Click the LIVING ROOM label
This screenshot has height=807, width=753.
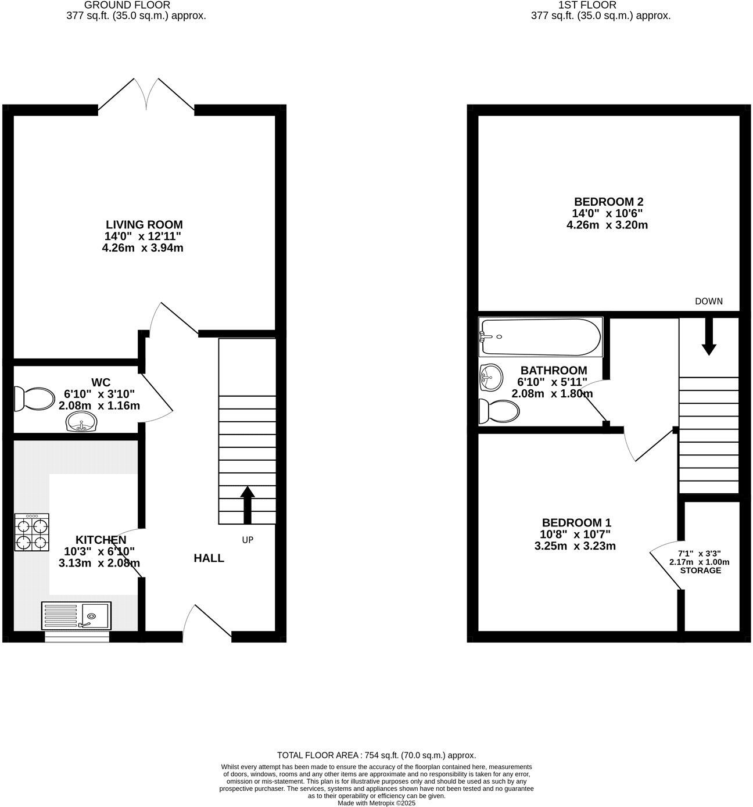click(144, 224)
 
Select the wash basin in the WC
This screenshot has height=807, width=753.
click(82, 422)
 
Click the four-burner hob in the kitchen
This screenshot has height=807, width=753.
click(31, 532)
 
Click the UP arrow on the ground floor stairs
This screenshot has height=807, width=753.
click(248, 504)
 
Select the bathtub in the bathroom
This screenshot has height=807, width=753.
click(540, 337)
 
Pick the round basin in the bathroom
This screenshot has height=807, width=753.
click(490, 379)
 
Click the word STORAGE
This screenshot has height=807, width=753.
click(700, 571)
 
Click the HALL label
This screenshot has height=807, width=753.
click(209, 558)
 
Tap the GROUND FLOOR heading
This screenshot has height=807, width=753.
click(127, 5)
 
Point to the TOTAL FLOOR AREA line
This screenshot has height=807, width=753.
click(376, 755)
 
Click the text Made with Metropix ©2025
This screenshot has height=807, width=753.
click(376, 804)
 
